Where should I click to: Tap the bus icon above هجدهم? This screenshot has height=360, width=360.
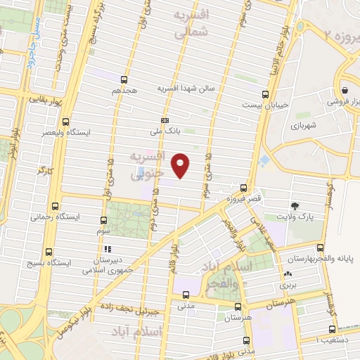coord(124,79)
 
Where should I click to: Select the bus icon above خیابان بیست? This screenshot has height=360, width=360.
coord(265,94)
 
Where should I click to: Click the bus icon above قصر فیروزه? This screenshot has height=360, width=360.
coord(243,188)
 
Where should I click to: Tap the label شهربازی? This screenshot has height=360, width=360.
coord(304,127)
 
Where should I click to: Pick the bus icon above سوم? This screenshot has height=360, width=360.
coord(103,219)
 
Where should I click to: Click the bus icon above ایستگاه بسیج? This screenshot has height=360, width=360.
coord(49,251)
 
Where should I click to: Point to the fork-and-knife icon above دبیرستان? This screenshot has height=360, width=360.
coord(108,249)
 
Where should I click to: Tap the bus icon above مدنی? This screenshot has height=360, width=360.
coord(186,295)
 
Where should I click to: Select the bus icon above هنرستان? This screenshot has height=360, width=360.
coord(238,307)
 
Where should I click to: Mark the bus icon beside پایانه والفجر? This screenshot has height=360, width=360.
coord(321,247)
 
